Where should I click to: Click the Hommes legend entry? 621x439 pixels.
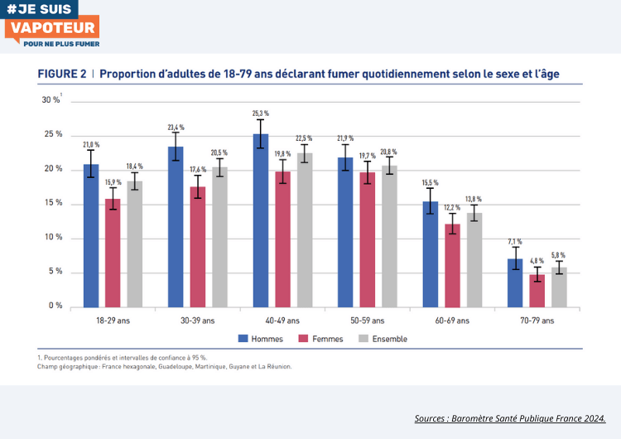click(261, 339)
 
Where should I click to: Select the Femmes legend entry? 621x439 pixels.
click(321, 339)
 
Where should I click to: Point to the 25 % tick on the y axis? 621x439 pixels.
click(53, 134)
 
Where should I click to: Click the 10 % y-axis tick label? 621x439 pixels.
click(53, 238)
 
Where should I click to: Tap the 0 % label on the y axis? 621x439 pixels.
click(55, 306)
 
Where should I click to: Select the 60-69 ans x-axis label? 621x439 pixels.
click(451, 321)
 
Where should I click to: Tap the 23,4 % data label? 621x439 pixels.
click(176, 128)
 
